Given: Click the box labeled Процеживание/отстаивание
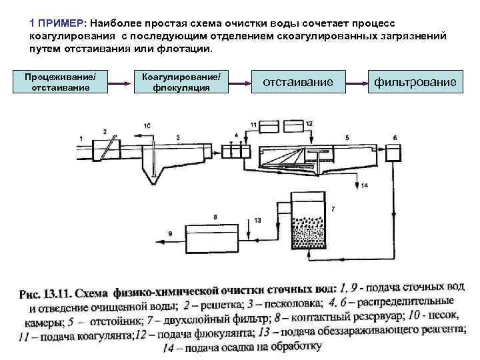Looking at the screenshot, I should [59, 83].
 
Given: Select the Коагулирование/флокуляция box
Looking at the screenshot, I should [181, 83].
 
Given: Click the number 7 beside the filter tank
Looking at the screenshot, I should [333, 209].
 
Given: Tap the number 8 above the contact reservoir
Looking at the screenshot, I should [215, 217].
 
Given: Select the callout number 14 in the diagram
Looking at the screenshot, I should [365, 185].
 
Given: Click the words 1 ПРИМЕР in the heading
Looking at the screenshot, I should [57, 21].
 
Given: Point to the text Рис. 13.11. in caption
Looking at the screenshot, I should [46, 293].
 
